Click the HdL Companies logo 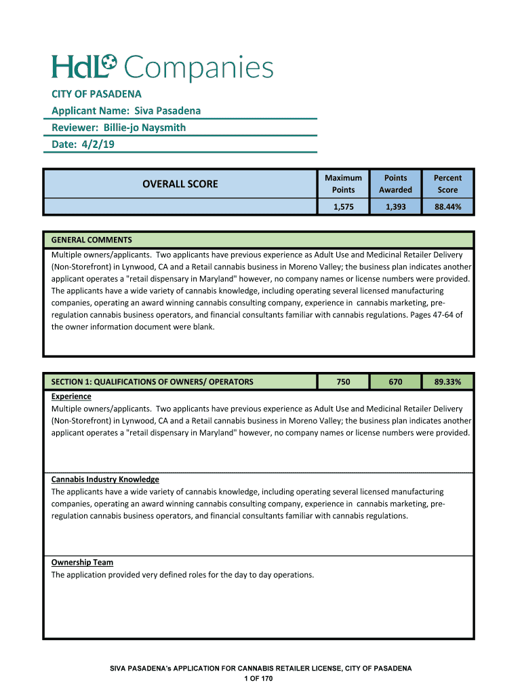pyautogui.click(x=162, y=68)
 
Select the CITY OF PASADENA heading pyautogui.click(x=96, y=94)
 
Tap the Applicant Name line pyautogui.click(x=126, y=111)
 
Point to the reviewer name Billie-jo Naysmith pyautogui.click(x=144, y=128)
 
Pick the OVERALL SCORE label pyautogui.click(x=180, y=184)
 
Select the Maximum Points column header pyautogui.click(x=343, y=184)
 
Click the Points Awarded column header pyautogui.click(x=395, y=184)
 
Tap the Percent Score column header pyautogui.click(x=447, y=184)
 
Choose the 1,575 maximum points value pyautogui.click(x=343, y=207)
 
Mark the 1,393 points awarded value pyautogui.click(x=395, y=207)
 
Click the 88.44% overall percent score pyautogui.click(x=447, y=207)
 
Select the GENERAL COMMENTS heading pyautogui.click(x=92, y=240)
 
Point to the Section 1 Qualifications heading pyautogui.click(x=153, y=382)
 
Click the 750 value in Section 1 pyautogui.click(x=343, y=382)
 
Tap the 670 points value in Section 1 pyautogui.click(x=395, y=382)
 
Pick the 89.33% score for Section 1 pyautogui.click(x=447, y=382)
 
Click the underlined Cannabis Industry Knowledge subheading pyautogui.click(x=105, y=479)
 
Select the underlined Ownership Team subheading pyautogui.click(x=82, y=562)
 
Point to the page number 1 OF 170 pyautogui.click(x=261, y=679)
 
